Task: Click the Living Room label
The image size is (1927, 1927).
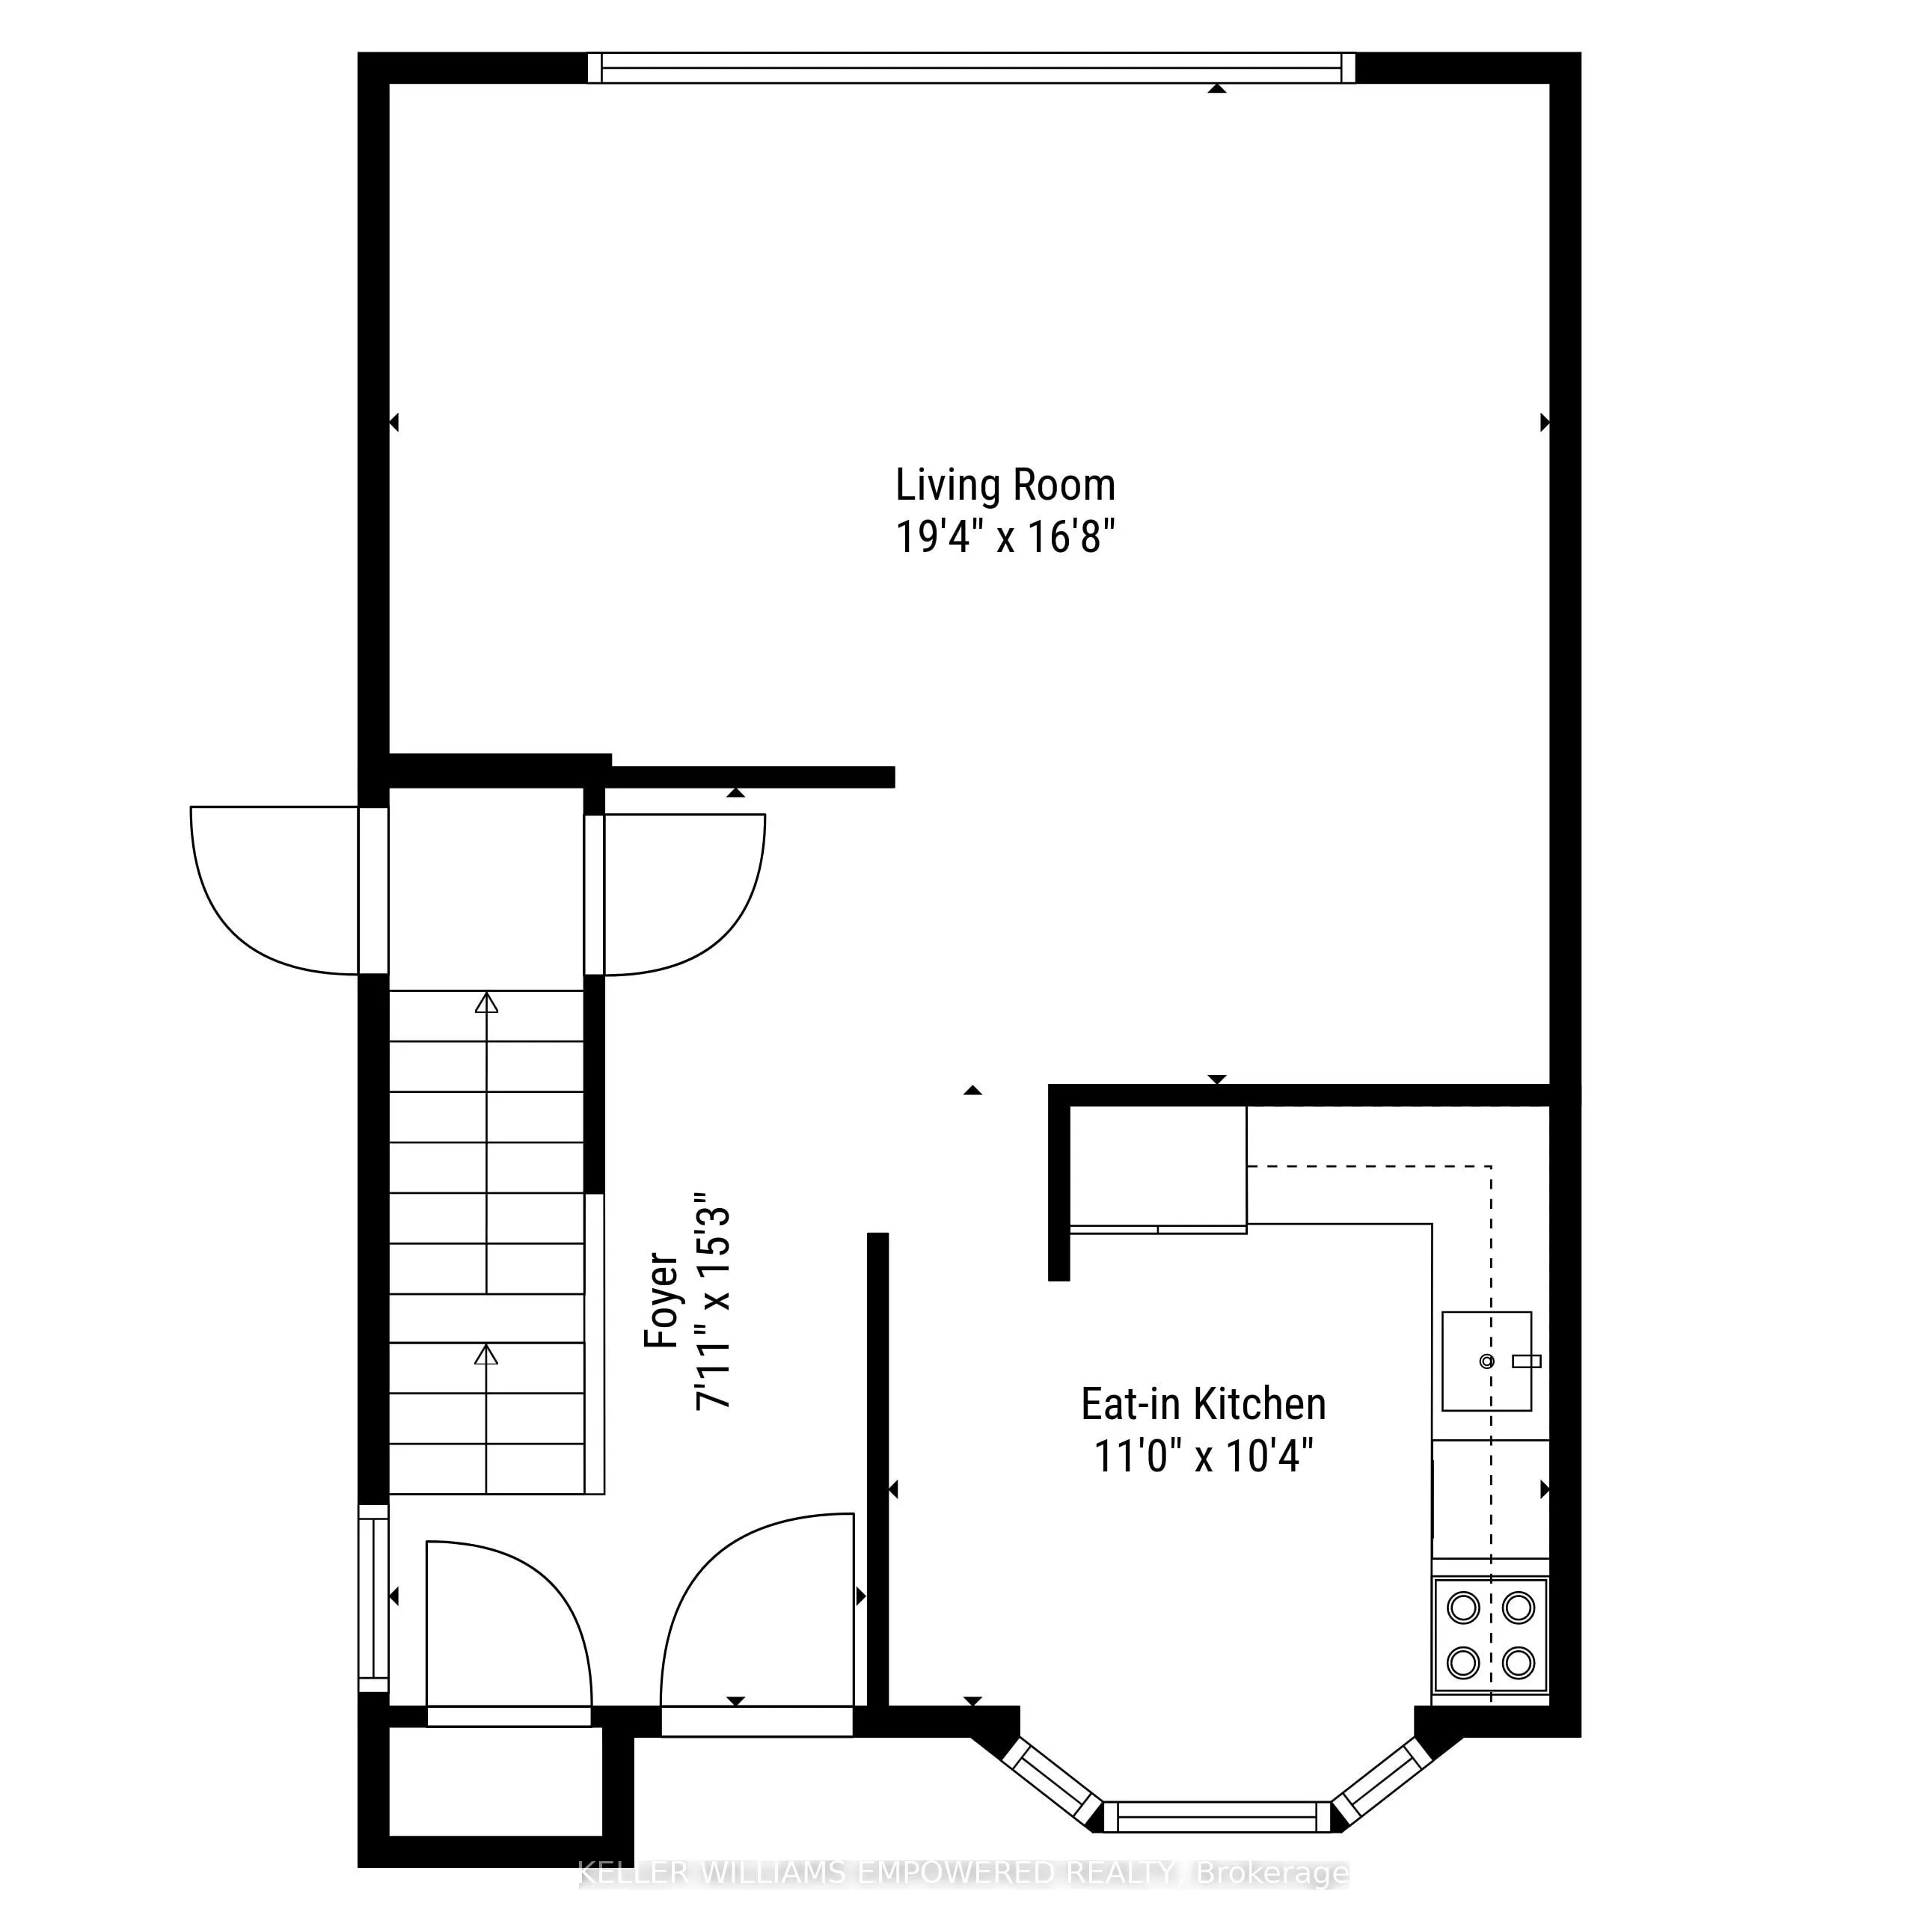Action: click(x=1005, y=485)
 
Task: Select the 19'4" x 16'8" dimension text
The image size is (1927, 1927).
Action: click(x=1005, y=538)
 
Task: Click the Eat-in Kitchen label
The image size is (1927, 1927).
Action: click(x=1203, y=1404)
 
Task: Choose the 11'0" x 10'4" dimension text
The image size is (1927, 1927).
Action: click(x=1203, y=1456)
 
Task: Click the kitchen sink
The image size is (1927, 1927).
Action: click(x=1486, y=1361)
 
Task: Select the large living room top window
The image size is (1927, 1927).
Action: click(x=970, y=68)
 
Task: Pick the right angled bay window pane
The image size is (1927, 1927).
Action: click(x=1382, y=1781)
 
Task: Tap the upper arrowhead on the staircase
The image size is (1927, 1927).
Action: click(x=485, y=1003)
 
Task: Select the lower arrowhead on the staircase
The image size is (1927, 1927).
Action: click(x=485, y=1355)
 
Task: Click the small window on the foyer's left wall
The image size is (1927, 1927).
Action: click(x=373, y=1598)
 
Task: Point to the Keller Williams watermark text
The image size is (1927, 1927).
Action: click(x=963, y=1873)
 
